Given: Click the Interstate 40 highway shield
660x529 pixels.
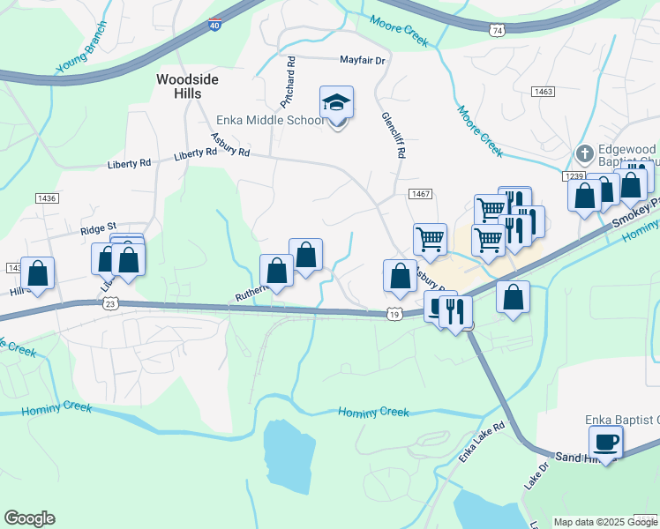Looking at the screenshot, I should [215, 26].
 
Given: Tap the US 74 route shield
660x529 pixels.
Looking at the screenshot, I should [498, 30].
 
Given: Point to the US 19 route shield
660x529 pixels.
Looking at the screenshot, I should [394, 313].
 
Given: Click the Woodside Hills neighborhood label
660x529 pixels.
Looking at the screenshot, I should [187, 86].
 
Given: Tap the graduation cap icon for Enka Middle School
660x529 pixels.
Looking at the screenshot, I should [336, 104].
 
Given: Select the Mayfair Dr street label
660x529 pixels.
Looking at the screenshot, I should [363, 61].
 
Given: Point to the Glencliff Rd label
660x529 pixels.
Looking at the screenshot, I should [393, 134].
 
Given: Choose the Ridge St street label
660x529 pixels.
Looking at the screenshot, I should [98, 227].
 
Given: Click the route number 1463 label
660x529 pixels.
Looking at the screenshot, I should [543, 91].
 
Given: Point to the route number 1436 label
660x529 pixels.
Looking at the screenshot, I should [46, 198].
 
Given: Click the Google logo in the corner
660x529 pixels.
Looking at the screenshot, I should [29, 518].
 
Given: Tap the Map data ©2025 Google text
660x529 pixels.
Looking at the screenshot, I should [605, 522].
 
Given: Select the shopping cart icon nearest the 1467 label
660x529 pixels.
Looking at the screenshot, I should [430, 237].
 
